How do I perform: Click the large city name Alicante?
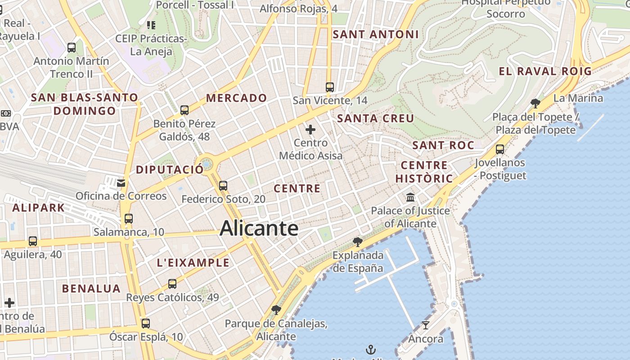coord(259,228)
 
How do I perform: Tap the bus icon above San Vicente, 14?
coord(330,87)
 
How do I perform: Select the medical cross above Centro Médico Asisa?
coord(310,130)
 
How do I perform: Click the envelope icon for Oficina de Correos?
coord(121,183)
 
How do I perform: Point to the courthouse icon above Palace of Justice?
coord(410,197)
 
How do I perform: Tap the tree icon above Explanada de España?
coord(358,242)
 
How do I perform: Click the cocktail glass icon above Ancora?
coord(425,325)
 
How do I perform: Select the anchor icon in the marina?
coord(370,349)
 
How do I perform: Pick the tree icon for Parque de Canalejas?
coord(276,310)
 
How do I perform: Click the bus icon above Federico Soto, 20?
coord(223,185)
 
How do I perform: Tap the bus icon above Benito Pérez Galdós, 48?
coord(184,110)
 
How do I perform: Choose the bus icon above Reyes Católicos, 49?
coord(172,284)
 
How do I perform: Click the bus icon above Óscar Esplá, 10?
coord(146,323)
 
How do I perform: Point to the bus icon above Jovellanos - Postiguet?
coord(500,149)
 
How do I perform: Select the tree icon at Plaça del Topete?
coord(535,103)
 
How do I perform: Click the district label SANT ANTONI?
coord(376,34)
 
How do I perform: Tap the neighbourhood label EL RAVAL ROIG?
coord(545,71)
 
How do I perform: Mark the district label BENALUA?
coord(91,288)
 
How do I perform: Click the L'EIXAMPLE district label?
coord(193,263)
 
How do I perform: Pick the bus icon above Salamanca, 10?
coord(129,219)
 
